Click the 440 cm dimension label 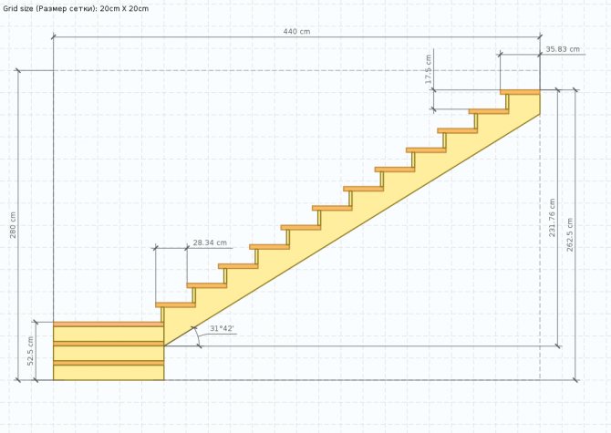[x=296, y=32]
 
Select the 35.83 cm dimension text [x=563, y=49]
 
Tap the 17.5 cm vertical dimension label [x=429, y=69]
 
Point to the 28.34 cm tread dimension [x=210, y=242]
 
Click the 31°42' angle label [x=222, y=329]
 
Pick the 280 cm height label [x=13, y=225]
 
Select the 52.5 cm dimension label [x=31, y=351]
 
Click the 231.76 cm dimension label [x=552, y=218]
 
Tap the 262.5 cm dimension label [x=570, y=235]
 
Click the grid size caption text [x=76, y=8]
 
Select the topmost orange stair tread [x=520, y=92]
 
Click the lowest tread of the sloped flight [x=175, y=304]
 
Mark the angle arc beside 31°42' [x=197, y=335]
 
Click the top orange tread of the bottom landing [x=108, y=324]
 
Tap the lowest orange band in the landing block [x=109, y=363]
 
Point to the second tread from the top [x=489, y=112]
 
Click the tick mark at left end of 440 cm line [x=54, y=37]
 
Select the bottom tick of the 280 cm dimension [x=17, y=379]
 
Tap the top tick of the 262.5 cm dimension [x=576, y=90]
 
